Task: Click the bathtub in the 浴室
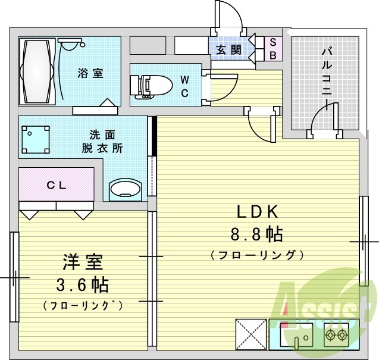point(37,71)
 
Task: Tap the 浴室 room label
point(90,74)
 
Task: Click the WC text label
point(184,86)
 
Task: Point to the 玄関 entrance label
point(228,50)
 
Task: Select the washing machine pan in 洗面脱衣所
point(35,139)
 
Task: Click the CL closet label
point(57,185)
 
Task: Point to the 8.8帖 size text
point(257,234)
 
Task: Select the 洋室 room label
point(83,262)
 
